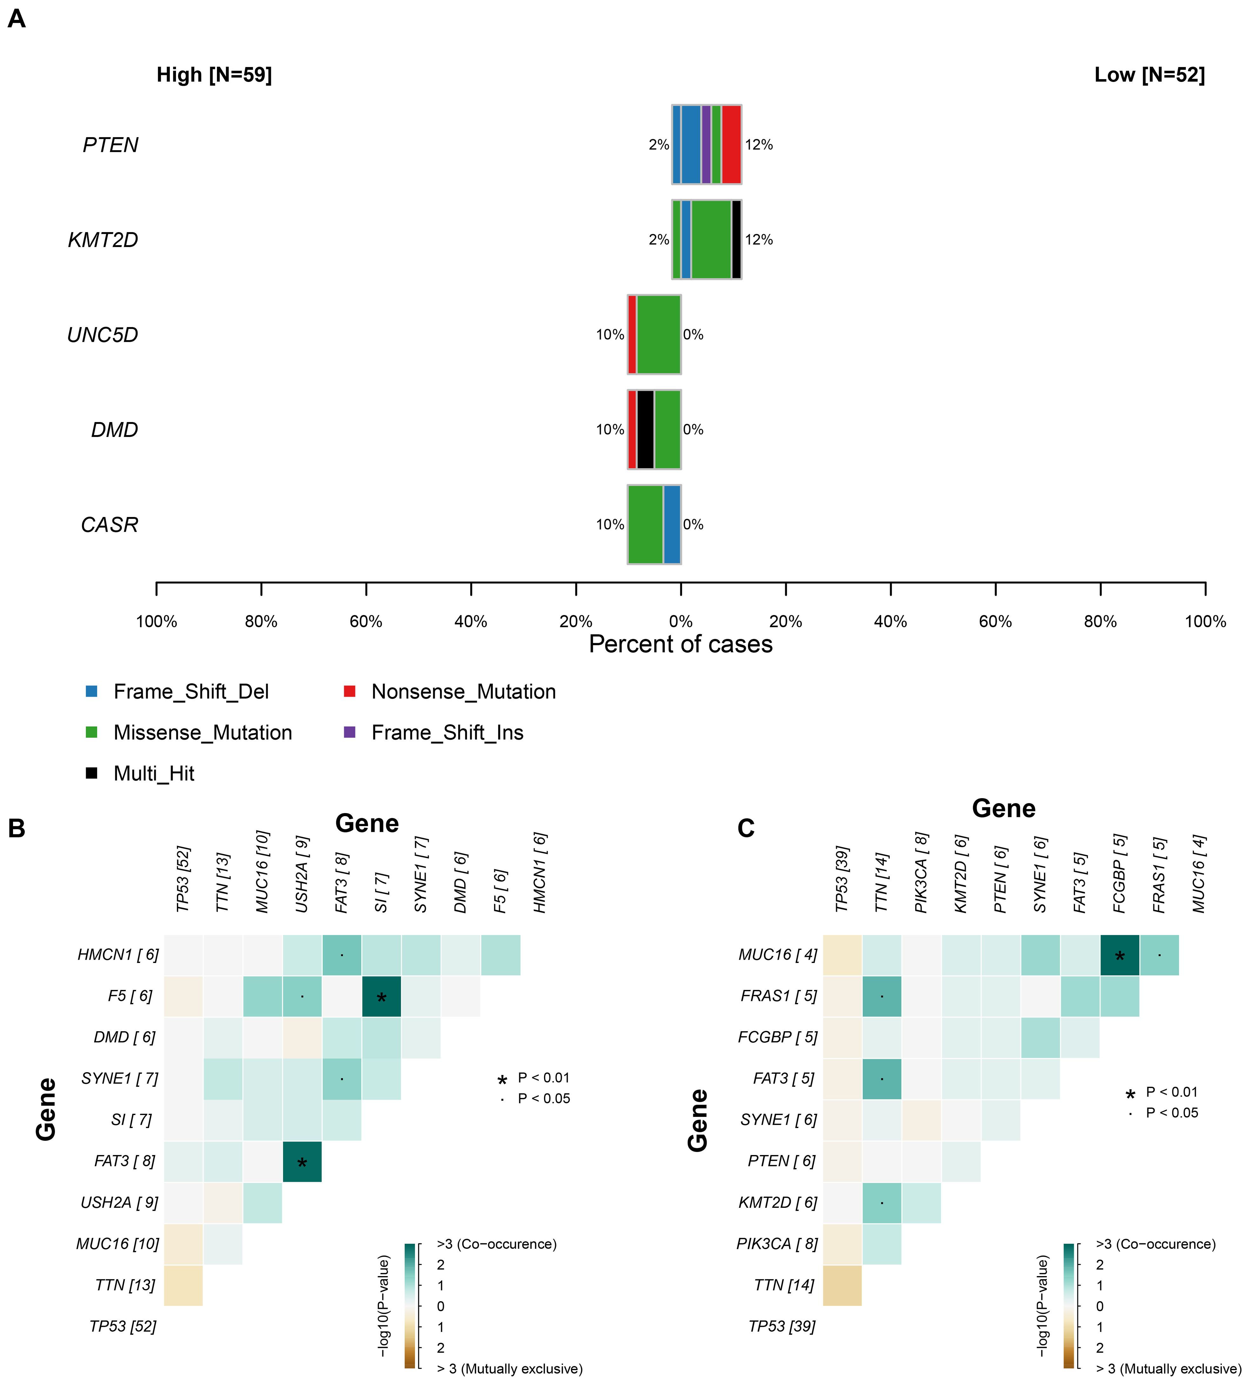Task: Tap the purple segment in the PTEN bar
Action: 706,145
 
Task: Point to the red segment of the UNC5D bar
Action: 631,334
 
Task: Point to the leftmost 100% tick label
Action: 157,622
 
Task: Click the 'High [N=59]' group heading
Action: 214,75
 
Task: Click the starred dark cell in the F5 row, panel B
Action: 381,996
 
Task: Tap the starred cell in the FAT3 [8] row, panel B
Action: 302,1161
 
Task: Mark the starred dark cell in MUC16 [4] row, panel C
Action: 1119,955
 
